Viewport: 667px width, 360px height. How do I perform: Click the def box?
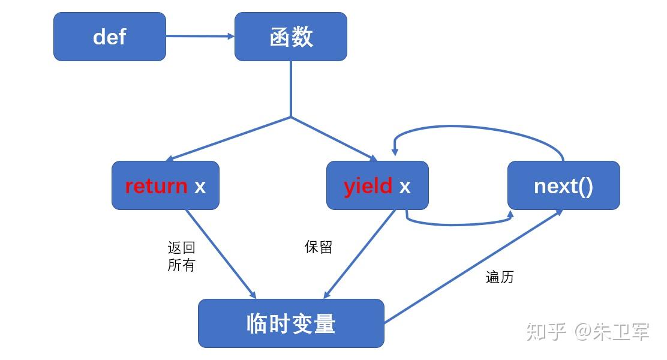[x=110, y=37]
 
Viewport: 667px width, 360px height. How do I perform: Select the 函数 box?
[x=291, y=37]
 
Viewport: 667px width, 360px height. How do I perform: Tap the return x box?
[x=166, y=185]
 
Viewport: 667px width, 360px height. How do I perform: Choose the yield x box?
[x=377, y=185]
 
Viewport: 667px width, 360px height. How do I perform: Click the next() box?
[x=563, y=185]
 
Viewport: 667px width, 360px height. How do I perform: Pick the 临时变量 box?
[x=291, y=323]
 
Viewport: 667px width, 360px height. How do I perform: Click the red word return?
[x=156, y=186]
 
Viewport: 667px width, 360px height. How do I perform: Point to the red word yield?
[x=368, y=186]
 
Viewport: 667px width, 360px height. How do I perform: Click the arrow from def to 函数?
[x=200, y=36]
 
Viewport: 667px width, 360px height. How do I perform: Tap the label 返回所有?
[x=181, y=256]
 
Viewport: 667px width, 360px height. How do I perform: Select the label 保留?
[x=319, y=247]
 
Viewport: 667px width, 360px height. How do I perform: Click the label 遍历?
[x=500, y=277]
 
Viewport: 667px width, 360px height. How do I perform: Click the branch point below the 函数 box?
[x=291, y=117]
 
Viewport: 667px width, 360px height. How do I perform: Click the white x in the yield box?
[x=405, y=186]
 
